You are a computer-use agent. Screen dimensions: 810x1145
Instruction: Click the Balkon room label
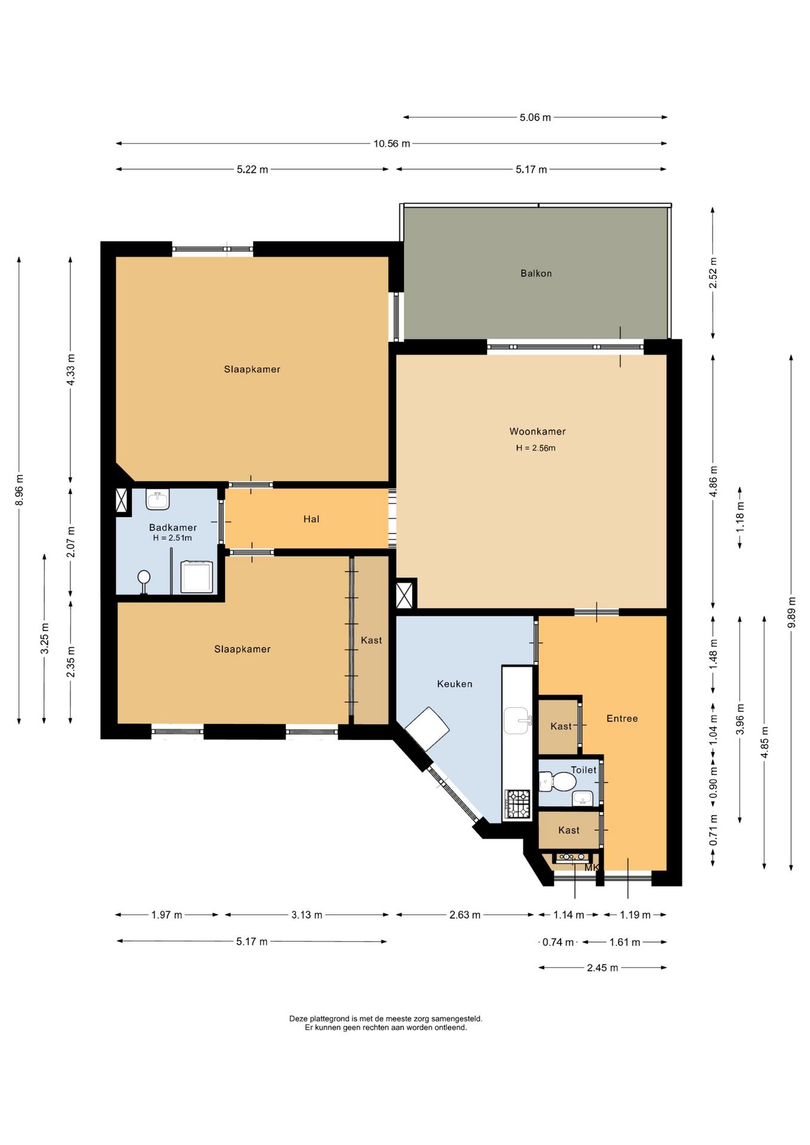click(x=536, y=274)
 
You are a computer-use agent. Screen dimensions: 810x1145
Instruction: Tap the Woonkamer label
click(x=537, y=431)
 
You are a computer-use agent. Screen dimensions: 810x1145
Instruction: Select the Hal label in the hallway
click(x=311, y=519)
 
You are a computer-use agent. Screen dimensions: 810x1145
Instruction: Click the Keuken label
click(x=455, y=684)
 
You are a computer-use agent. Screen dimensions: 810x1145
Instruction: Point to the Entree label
click(x=622, y=719)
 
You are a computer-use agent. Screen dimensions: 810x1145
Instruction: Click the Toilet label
click(x=583, y=770)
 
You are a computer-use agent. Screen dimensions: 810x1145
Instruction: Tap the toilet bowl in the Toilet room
click(x=557, y=781)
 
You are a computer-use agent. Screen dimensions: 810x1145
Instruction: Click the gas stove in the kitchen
click(x=518, y=804)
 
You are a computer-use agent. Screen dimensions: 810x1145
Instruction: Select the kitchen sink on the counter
click(x=517, y=720)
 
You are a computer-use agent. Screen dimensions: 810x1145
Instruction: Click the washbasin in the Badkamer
click(x=157, y=499)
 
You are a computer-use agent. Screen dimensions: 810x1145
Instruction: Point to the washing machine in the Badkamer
click(x=197, y=577)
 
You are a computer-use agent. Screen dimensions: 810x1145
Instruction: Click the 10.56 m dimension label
click(x=392, y=144)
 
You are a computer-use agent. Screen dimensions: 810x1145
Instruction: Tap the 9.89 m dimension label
click(x=792, y=612)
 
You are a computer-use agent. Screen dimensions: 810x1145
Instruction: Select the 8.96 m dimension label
click(x=19, y=490)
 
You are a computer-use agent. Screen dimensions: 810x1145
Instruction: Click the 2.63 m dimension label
click(x=465, y=915)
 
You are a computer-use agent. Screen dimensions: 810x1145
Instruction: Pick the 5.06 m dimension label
click(x=535, y=117)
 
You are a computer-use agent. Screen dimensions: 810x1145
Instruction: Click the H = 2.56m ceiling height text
click(x=536, y=448)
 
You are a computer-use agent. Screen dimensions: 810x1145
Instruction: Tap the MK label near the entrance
click(x=591, y=868)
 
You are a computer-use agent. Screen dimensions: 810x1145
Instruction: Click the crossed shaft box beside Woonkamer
click(x=404, y=595)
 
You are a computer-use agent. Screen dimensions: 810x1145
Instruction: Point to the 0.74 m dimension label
click(x=558, y=942)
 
